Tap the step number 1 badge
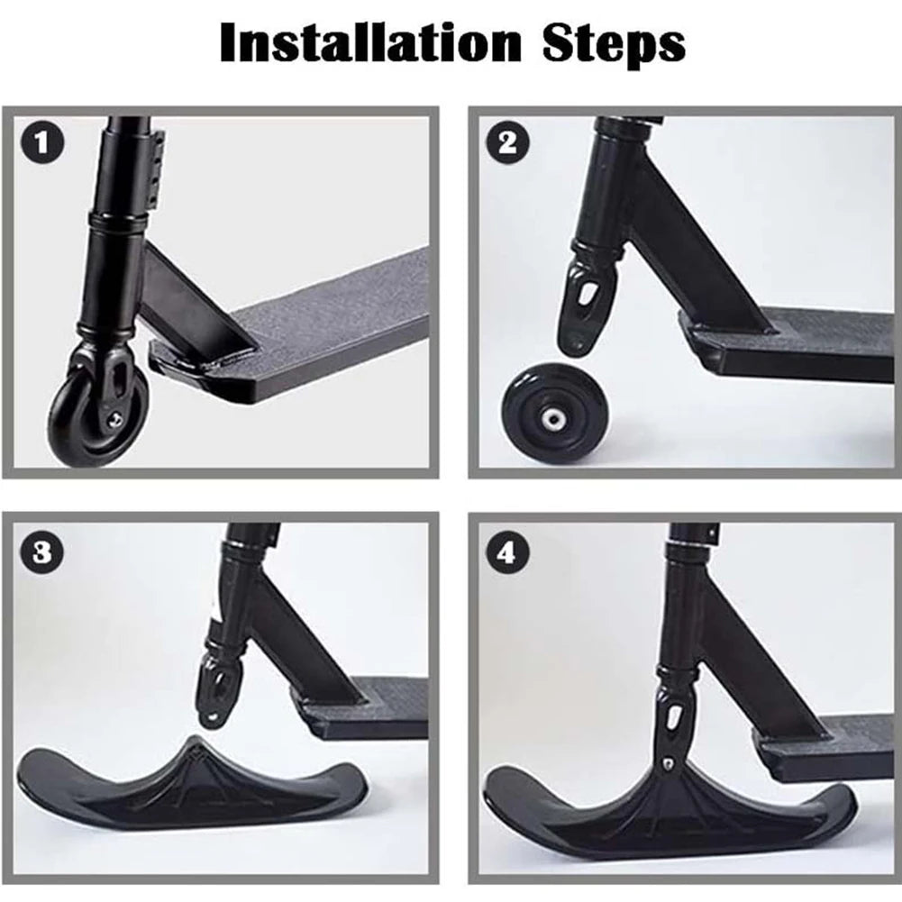(40, 142)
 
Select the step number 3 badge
(40, 551)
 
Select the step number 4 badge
(506, 551)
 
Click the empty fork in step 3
(216, 685)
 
